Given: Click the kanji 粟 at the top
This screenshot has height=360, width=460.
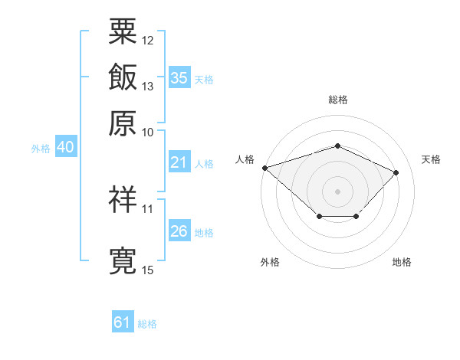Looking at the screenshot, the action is [x=123, y=31].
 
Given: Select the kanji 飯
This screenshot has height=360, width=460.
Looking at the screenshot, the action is [x=123, y=77].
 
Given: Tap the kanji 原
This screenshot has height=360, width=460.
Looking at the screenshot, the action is [x=123, y=123].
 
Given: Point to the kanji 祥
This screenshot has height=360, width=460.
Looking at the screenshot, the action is [x=123, y=199].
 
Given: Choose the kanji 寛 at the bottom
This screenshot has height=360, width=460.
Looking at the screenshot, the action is [x=123, y=260].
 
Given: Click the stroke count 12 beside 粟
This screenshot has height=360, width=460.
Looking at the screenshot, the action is [x=147, y=41].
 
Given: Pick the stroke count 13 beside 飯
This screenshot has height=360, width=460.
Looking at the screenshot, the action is [x=147, y=87].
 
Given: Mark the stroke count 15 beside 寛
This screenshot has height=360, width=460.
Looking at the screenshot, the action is [x=147, y=270].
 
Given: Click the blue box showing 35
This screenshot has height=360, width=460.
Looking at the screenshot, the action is [x=179, y=77].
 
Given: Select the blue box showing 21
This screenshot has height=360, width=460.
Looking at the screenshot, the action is [x=179, y=162].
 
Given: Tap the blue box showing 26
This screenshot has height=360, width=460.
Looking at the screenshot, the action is [x=179, y=230].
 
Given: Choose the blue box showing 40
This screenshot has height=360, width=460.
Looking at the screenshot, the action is [x=66, y=146].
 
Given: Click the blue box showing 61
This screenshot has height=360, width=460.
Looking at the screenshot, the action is [x=123, y=321].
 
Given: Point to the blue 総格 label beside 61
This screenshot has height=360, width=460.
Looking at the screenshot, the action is [x=147, y=324].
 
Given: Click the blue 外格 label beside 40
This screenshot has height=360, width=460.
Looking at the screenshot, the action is [x=41, y=149].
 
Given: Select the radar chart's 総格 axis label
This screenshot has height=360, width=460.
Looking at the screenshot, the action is [x=338, y=100].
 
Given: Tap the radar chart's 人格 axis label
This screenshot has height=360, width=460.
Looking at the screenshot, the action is [x=245, y=159].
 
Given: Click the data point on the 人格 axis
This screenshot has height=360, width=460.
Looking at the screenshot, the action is [x=265, y=168].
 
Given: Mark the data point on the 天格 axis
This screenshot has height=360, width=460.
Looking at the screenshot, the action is [x=396, y=172].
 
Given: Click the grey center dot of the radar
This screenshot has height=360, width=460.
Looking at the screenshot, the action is [x=337, y=191].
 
